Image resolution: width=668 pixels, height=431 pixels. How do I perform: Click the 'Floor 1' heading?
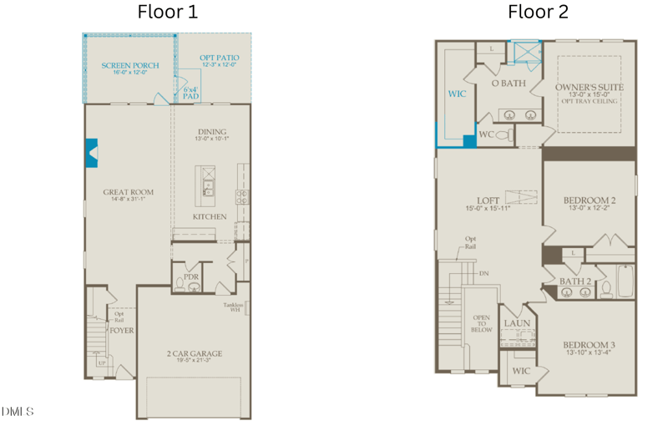[168, 13]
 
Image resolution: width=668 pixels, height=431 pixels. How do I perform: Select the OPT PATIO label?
[218, 58]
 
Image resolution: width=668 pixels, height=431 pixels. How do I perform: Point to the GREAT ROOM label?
[128, 192]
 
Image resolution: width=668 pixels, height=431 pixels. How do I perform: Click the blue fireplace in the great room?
[91, 153]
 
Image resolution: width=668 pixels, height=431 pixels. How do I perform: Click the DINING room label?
[212, 132]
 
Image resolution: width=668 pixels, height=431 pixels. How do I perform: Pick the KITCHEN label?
[210, 216]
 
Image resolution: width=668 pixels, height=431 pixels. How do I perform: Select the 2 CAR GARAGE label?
[194, 353]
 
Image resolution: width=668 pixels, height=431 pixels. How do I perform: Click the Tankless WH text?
[233, 308]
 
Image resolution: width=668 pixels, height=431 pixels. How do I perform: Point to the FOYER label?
[122, 330]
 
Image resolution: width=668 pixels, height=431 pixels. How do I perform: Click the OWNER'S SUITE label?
[590, 87]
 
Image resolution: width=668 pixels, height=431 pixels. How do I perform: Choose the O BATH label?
[508, 84]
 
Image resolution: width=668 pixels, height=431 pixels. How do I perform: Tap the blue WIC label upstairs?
[457, 94]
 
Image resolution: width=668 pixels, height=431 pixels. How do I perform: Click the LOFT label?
[488, 200]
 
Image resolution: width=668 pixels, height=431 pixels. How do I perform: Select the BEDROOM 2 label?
[589, 200]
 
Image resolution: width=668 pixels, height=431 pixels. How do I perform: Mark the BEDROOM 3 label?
[589, 345]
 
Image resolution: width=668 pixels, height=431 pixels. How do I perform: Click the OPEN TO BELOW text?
[482, 323]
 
